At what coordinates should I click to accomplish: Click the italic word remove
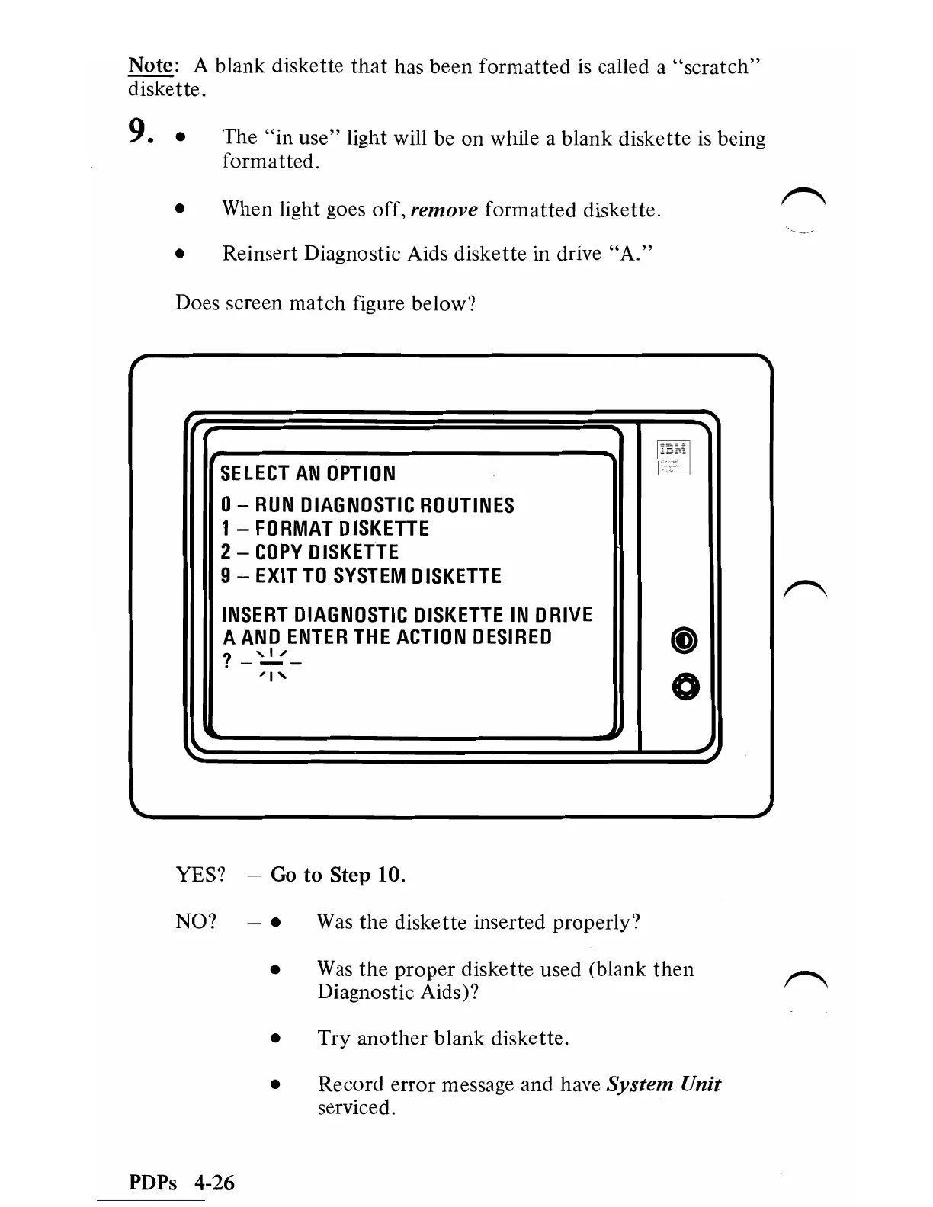pos(444,209)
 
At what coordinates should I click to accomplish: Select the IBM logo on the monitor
pos(673,450)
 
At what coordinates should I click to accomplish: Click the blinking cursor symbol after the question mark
pos(271,661)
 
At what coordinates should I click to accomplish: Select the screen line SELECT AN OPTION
pos(308,473)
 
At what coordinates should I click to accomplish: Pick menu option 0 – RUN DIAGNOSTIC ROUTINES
pos(367,505)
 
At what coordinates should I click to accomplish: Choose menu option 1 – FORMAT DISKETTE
pos(325,529)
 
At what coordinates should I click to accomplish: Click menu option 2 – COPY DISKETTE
pos(309,552)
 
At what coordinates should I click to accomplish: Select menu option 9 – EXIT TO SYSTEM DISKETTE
pos(361,576)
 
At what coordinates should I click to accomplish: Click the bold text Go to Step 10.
pos(338,875)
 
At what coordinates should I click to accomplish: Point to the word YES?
pos(200,875)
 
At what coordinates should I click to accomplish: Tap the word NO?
pos(196,922)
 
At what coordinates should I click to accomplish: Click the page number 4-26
pos(213,1183)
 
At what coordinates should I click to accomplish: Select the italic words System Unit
pos(663,1084)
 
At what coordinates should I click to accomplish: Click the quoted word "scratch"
pos(717,67)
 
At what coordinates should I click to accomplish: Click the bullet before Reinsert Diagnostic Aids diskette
pos(180,255)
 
